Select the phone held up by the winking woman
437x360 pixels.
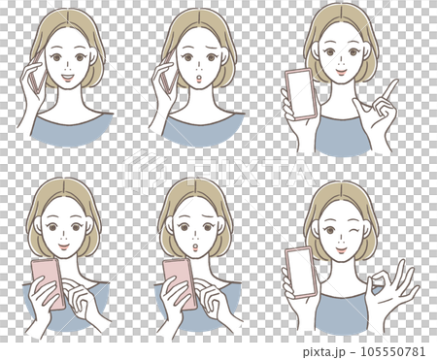click(x=302, y=273)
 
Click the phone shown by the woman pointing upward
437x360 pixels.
click(x=300, y=95)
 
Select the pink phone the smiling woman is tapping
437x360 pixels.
click(x=48, y=282)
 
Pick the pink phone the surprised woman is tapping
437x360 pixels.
click(x=179, y=281)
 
